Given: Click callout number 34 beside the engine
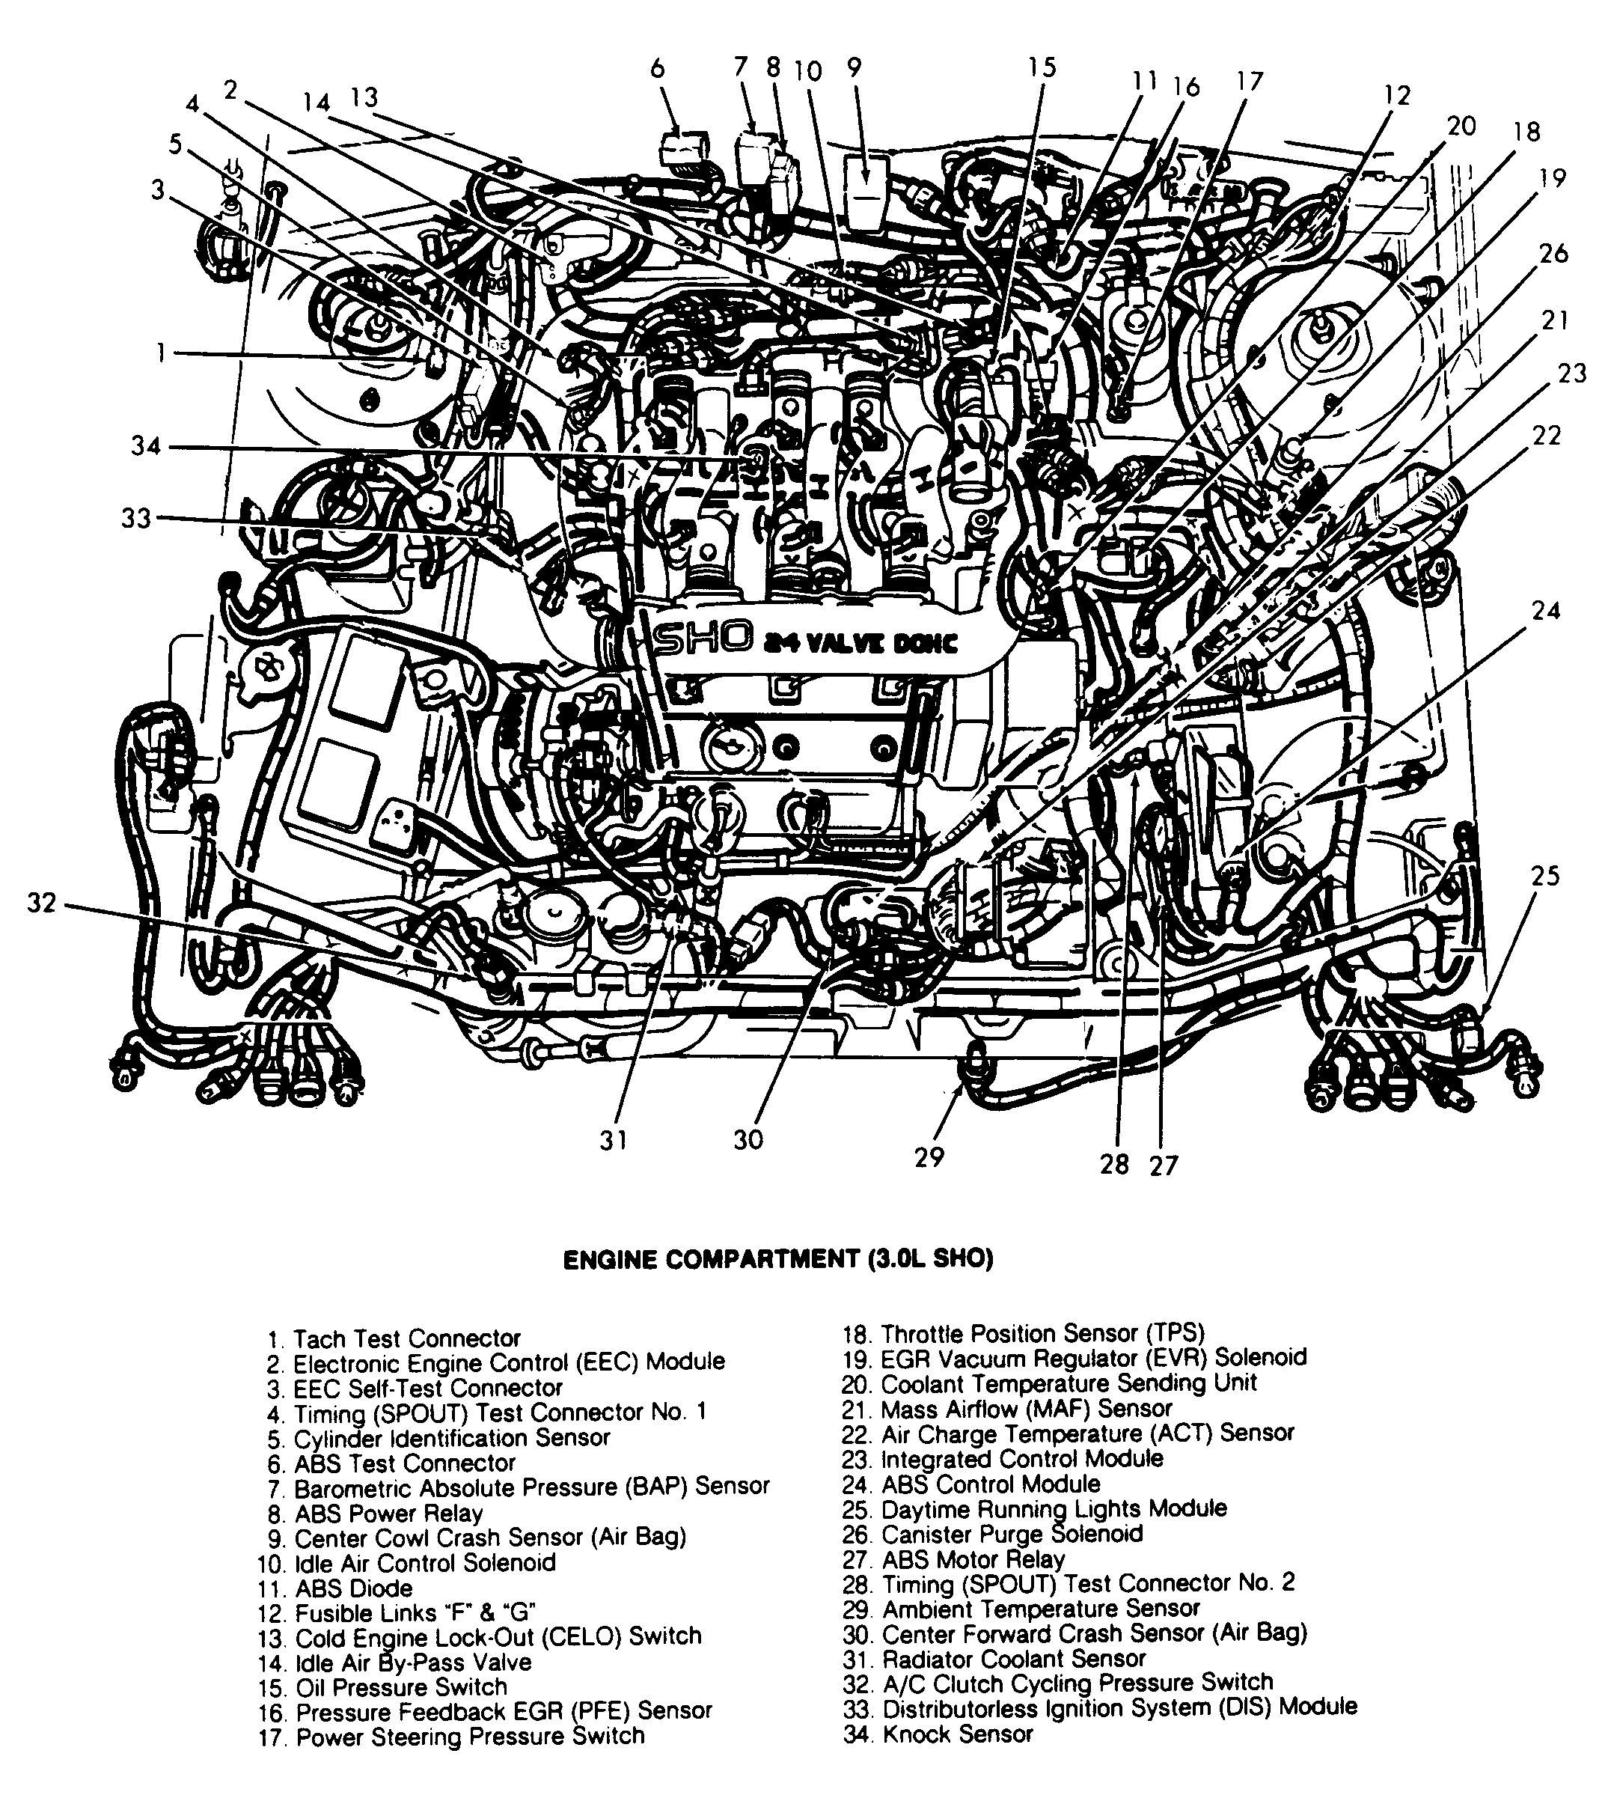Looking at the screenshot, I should [x=145, y=445].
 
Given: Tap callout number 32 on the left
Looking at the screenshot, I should [x=42, y=902].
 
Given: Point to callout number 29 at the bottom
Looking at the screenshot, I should [x=929, y=1157].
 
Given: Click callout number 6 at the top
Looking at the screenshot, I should [x=657, y=69].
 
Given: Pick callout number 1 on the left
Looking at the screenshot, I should [x=161, y=354].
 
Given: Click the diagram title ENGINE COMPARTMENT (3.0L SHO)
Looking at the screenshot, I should [x=777, y=1259].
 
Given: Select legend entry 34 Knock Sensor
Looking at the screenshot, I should [x=938, y=1734].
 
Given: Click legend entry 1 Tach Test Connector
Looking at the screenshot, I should [x=394, y=1338].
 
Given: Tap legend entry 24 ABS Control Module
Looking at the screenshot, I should [x=971, y=1483].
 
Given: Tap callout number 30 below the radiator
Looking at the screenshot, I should [x=748, y=1140].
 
